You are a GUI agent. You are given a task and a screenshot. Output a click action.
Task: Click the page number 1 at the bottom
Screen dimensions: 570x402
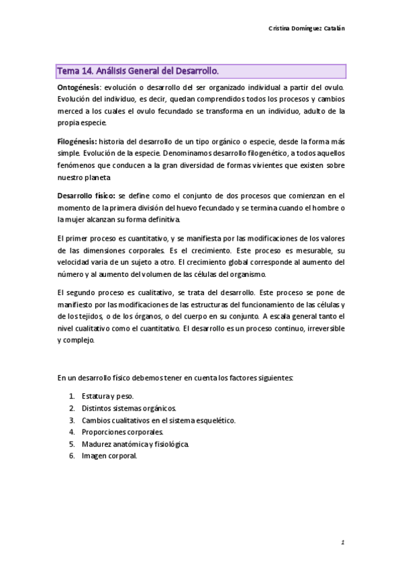tap(342, 541)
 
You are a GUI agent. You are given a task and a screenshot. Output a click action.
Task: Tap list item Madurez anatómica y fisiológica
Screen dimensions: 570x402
tap(136, 444)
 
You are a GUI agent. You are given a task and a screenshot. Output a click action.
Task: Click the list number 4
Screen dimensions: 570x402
tap(71, 432)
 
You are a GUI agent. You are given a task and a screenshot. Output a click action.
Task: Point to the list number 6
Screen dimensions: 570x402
tap(71, 455)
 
